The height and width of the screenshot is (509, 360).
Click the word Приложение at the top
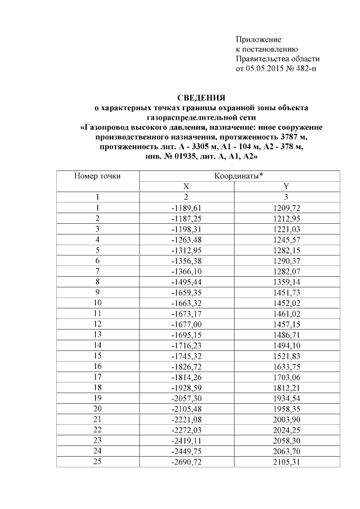258,39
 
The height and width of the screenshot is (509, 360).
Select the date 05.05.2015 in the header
267,69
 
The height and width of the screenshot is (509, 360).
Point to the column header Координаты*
238,176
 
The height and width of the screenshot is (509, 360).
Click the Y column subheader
286,186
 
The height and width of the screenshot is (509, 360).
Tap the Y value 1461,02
287,313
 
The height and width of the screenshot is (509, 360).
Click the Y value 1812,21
287,388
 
